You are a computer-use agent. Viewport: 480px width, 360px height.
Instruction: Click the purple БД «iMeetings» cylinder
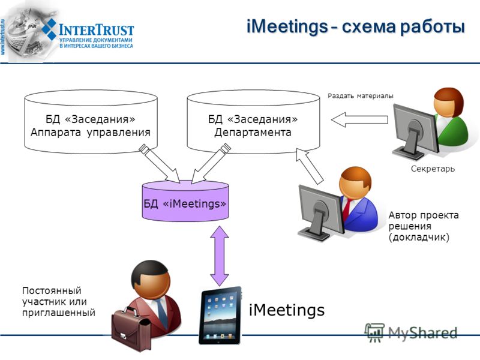pos(185,201)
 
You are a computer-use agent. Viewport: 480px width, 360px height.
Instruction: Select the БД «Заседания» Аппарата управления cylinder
pos(91,122)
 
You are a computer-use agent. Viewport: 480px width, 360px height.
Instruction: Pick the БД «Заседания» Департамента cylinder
pos(253,122)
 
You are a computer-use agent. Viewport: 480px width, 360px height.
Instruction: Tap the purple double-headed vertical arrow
pos(220,256)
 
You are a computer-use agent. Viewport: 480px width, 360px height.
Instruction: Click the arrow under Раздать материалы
pos(359,119)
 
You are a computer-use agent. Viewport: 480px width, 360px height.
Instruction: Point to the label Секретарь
pos(433,169)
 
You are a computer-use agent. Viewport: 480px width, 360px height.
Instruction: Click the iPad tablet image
pos(220,316)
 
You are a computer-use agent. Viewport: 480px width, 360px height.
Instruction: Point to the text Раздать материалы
pos(361,96)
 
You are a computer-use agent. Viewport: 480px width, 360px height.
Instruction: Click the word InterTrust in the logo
pos(96,30)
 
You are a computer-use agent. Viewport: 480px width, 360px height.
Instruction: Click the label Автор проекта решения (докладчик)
pos(424,226)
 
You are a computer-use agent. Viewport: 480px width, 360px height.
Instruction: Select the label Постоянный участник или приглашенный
pos(58,302)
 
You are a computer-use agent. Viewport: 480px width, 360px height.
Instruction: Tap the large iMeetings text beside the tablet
pos(287,310)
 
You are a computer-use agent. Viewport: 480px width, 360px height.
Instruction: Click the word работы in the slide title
pos(433,27)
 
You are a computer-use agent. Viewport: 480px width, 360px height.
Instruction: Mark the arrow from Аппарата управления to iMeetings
pos(160,164)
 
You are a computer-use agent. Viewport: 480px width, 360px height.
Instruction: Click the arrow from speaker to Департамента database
pos(309,166)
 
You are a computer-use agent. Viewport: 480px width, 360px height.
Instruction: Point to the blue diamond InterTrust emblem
pos(49,29)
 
